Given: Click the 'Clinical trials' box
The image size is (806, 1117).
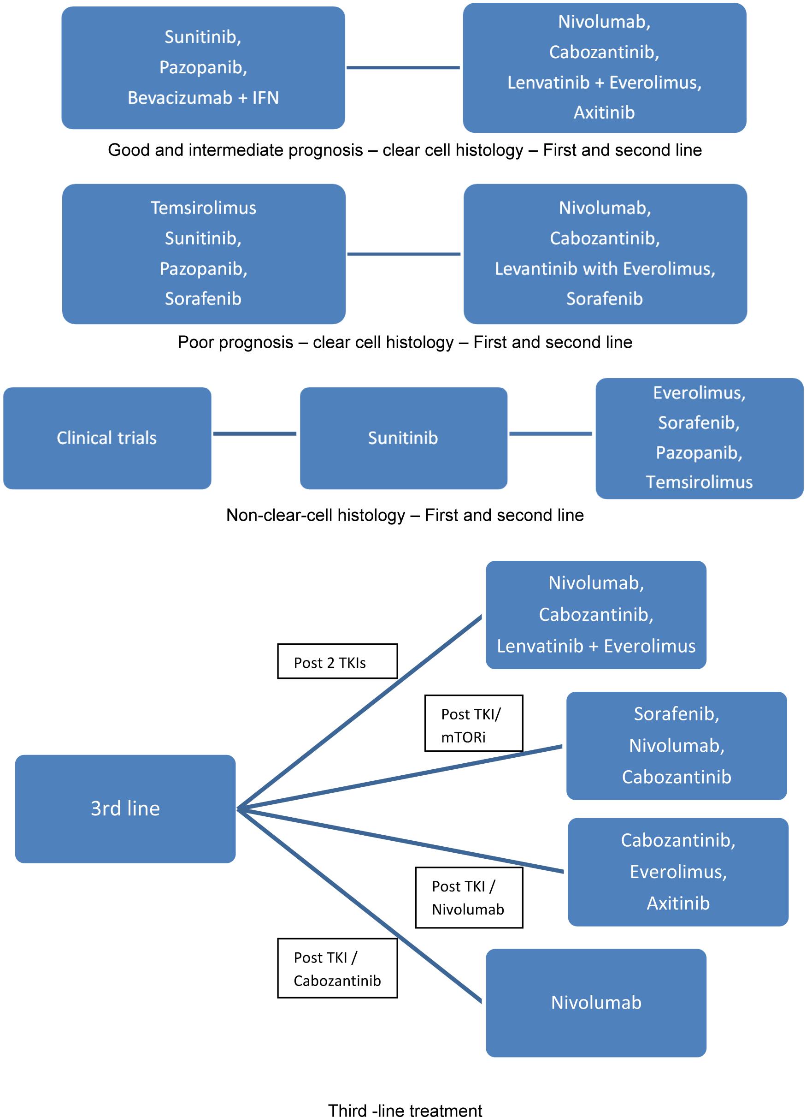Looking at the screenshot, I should [107, 438].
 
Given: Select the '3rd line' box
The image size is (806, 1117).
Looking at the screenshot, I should [125, 808].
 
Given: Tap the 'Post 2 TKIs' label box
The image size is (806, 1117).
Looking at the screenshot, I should [337, 661].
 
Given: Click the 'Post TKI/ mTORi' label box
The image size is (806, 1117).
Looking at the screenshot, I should [473, 723].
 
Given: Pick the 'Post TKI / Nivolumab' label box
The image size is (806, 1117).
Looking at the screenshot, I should [469, 897].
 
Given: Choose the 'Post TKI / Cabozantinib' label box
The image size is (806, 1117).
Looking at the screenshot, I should [337, 968].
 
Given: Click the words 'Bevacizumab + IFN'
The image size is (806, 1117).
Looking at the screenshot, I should [203, 97].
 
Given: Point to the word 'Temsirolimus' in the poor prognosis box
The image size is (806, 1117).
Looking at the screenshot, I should [203, 208].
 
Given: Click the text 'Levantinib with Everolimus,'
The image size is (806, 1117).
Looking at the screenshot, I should [605, 268].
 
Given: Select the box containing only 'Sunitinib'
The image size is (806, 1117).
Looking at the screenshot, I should [404, 438].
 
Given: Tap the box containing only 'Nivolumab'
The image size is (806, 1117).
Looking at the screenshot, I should [596, 1003].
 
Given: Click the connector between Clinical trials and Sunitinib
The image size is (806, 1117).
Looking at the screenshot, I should [254, 434].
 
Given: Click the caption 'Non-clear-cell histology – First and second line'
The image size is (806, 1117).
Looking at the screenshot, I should [405, 515].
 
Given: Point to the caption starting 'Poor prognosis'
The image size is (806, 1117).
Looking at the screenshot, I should [405, 342].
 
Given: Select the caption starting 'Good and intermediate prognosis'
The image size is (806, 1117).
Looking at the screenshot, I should [405, 150].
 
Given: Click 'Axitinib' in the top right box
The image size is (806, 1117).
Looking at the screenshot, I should [604, 112].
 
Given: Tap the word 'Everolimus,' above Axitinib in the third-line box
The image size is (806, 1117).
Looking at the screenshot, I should [678, 872].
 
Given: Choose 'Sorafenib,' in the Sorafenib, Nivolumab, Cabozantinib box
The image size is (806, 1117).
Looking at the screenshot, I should [677, 713].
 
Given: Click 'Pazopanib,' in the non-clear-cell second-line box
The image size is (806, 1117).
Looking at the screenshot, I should [699, 452].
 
